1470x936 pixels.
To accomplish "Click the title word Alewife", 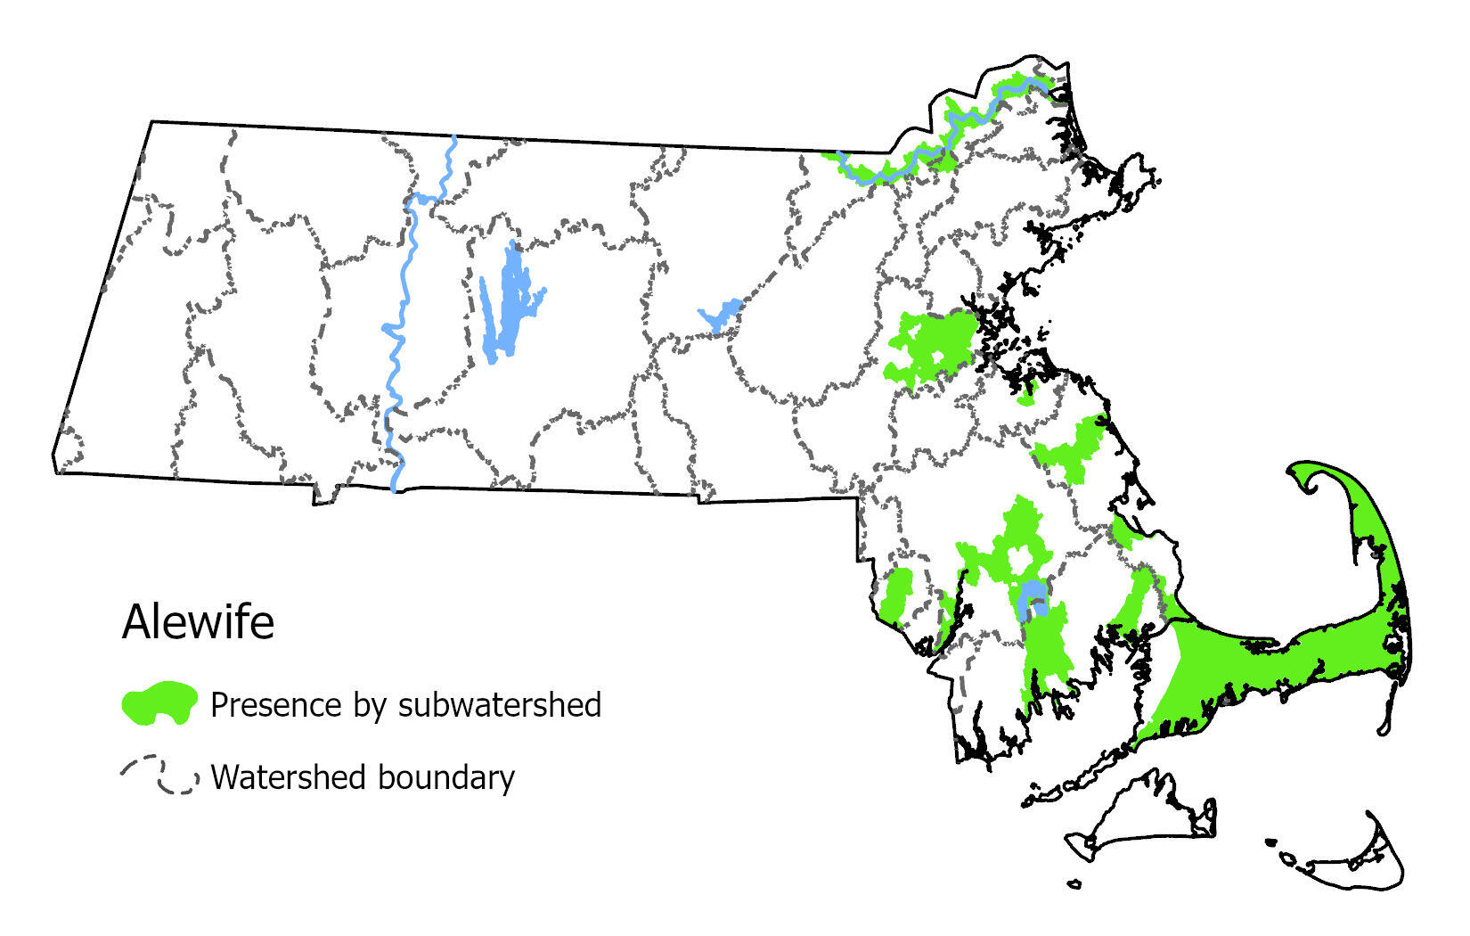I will tap(198, 621).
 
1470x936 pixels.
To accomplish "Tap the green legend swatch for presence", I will tap(159, 702).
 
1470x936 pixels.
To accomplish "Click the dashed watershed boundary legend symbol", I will tap(159, 776).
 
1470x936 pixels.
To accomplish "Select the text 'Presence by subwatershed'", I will tap(405, 704).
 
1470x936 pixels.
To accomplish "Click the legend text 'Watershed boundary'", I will tap(363, 777).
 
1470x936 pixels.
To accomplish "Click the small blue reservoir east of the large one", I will tap(720, 315).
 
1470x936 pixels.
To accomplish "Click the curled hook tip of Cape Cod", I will tap(1310, 477).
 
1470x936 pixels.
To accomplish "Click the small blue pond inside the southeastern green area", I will tap(1032, 596).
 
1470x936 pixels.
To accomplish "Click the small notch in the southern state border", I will tap(324, 496).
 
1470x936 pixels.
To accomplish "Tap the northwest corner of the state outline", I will tap(151, 122).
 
